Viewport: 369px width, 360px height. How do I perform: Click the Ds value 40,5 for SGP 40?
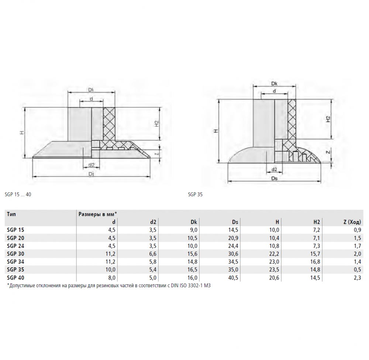[x=233, y=278]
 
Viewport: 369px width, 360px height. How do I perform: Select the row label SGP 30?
[x=15, y=254]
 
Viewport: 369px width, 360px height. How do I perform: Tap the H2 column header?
[x=317, y=222]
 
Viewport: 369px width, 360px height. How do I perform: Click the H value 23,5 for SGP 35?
[x=274, y=270]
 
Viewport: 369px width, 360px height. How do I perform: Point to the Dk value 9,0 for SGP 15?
[x=193, y=230]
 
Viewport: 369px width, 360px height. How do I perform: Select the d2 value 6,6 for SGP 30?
[x=153, y=254]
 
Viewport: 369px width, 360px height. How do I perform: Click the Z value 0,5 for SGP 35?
[x=357, y=270]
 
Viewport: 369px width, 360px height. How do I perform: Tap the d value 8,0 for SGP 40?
[x=112, y=278]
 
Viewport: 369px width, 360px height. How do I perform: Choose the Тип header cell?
[x=11, y=214]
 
